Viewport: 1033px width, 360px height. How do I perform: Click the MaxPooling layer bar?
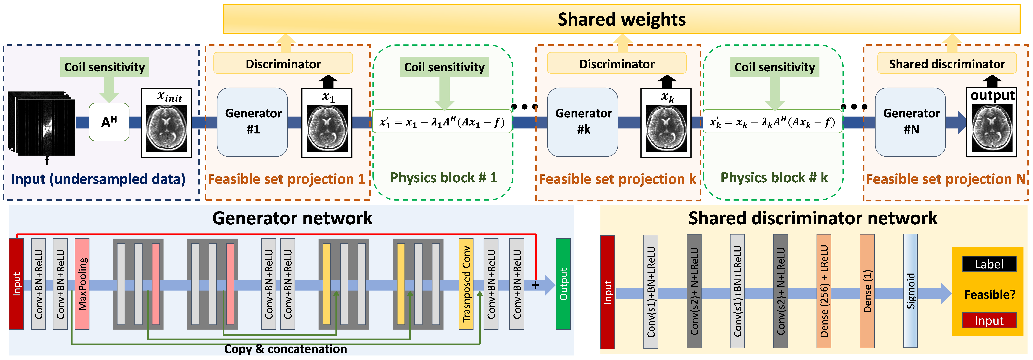[x=82, y=284]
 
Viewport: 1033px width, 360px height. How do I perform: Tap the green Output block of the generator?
[x=563, y=284]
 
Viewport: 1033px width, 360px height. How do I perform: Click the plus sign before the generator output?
[x=535, y=285]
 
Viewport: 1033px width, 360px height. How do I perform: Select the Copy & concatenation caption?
[x=285, y=349]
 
